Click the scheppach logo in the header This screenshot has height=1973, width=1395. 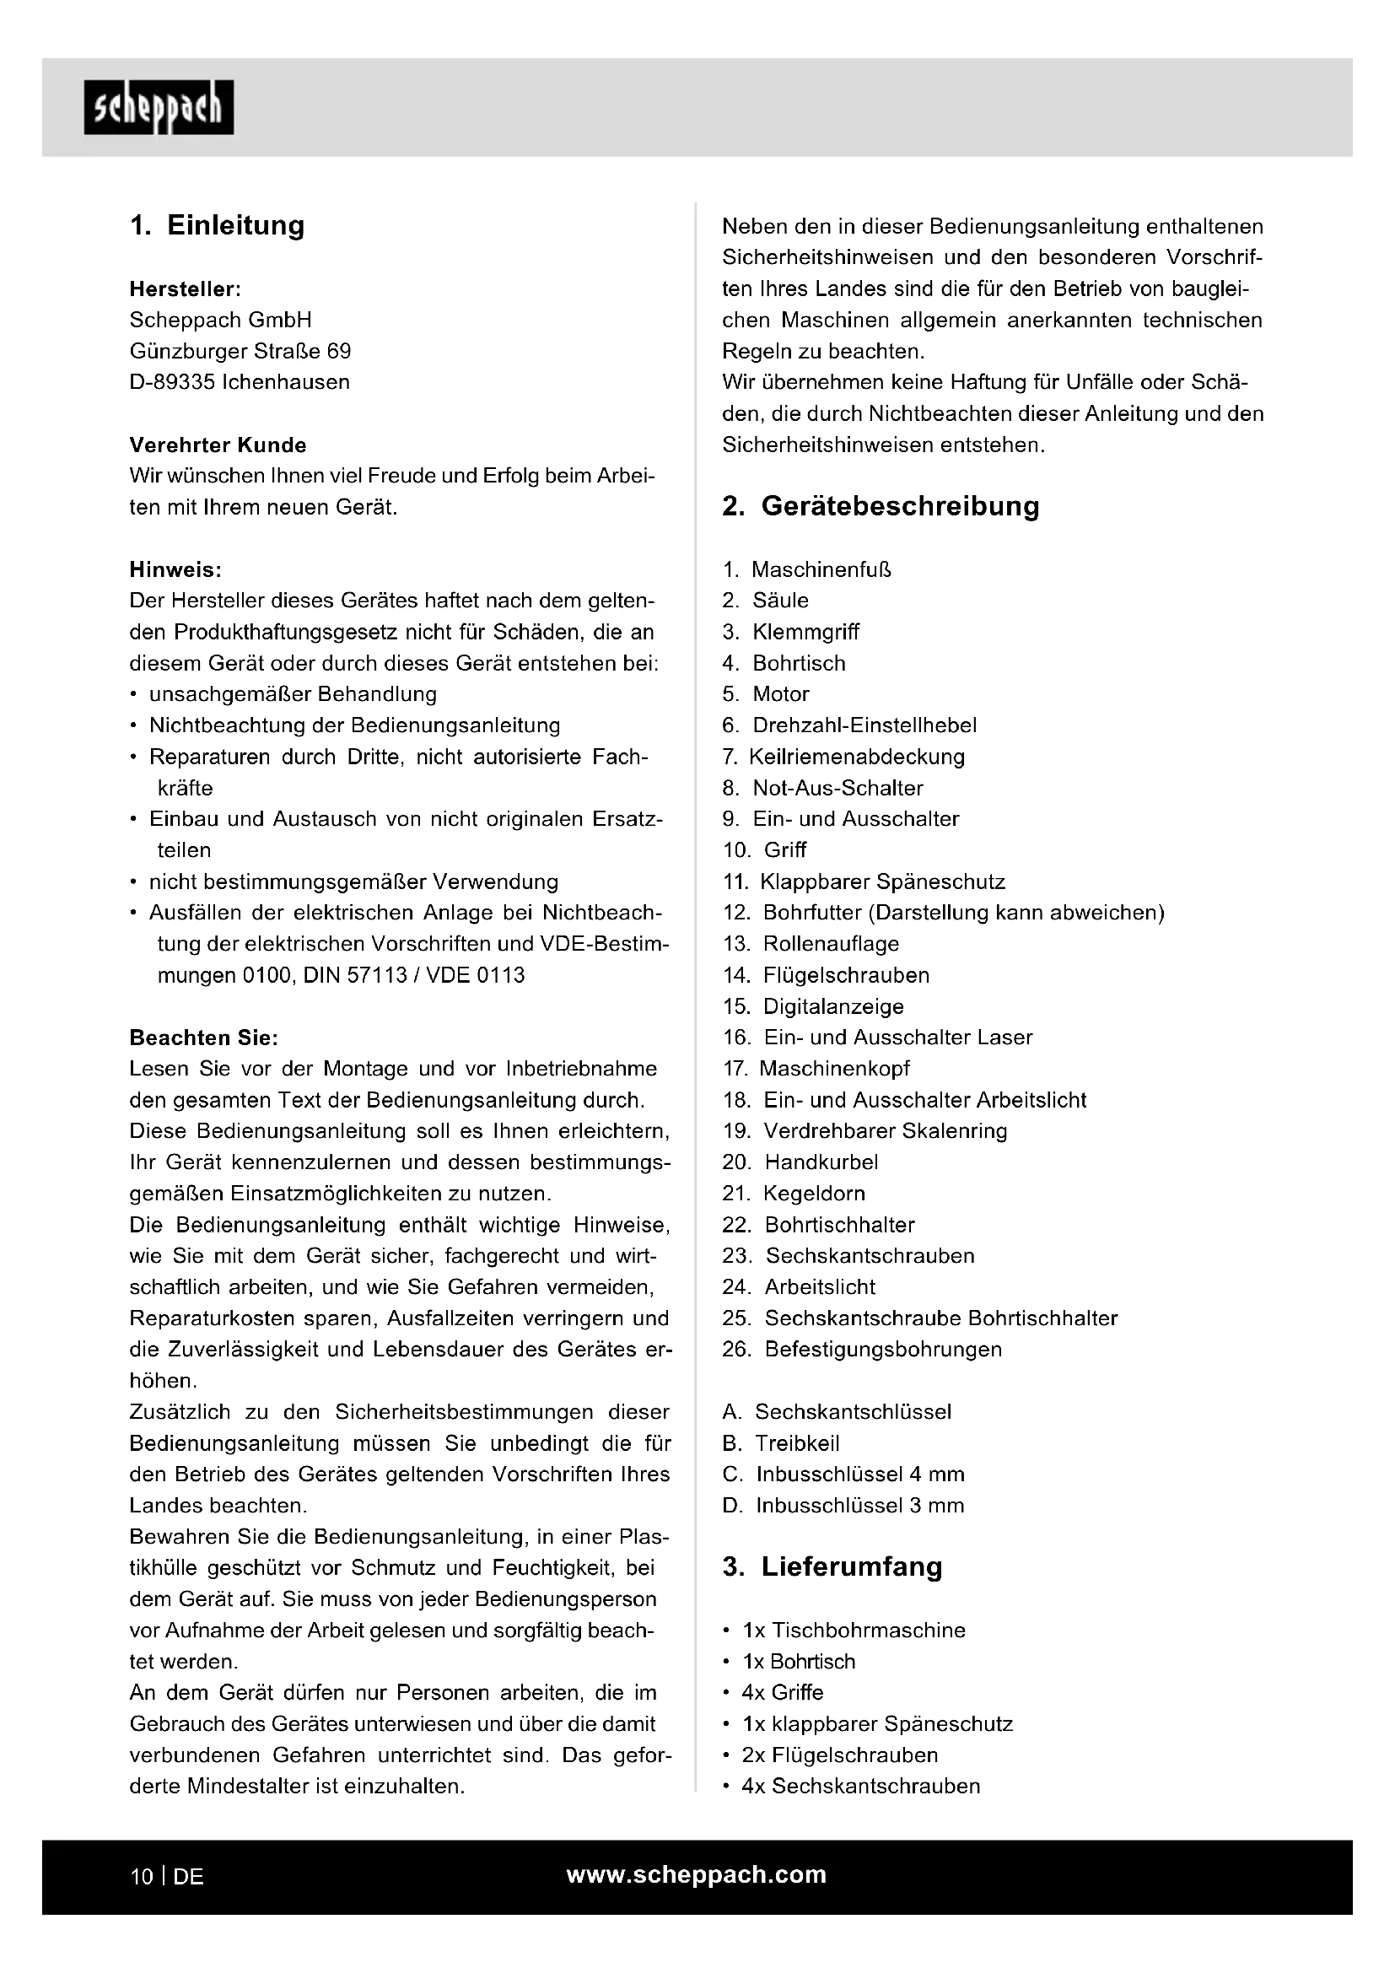pos(158,107)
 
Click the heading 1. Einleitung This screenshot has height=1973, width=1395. pos(218,225)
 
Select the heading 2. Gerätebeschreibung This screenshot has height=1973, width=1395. pos(881,506)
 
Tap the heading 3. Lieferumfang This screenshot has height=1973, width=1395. pos(832,1566)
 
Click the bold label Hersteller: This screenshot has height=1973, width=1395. pos(185,288)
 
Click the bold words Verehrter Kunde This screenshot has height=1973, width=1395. pos(218,445)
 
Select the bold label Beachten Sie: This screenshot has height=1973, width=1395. pos(203,1038)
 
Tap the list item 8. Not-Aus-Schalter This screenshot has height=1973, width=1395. pos(822,788)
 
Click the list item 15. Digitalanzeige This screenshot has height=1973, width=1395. pos(812,1006)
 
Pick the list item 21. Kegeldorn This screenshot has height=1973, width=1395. pos(794,1194)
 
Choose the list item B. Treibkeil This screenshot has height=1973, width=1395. pos(781,1443)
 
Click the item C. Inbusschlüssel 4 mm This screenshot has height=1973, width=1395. pos(843,1474)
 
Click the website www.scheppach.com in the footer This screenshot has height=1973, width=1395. pos(696,1875)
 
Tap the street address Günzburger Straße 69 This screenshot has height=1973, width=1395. pos(240,352)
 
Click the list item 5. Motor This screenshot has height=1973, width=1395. pos(765,694)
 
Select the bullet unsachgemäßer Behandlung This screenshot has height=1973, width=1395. pos(292,694)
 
